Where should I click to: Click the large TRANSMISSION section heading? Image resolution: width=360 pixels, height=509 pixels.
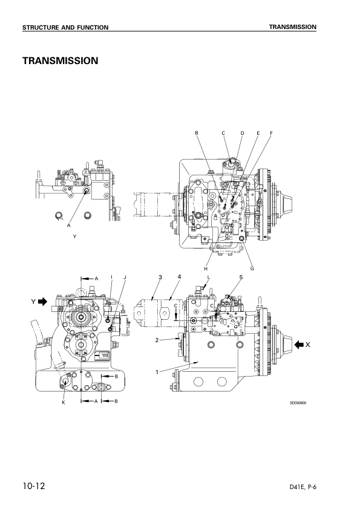tap(60, 60)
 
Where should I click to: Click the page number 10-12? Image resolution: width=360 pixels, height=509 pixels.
tap(34, 486)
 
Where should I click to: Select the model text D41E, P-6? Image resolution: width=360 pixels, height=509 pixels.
tap(303, 487)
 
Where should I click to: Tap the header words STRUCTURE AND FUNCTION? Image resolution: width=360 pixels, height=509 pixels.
tap(65, 28)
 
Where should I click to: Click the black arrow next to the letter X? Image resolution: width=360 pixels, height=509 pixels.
tap(299, 345)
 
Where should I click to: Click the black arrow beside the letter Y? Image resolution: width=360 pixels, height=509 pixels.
tap(42, 302)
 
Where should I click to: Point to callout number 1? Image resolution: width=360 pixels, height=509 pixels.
tap(157, 372)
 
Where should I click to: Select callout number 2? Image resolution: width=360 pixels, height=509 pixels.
tap(157, 340)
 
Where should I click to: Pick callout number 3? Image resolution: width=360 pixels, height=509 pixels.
tap(160, 277)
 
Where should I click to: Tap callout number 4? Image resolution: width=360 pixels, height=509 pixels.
tap(179, 277)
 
